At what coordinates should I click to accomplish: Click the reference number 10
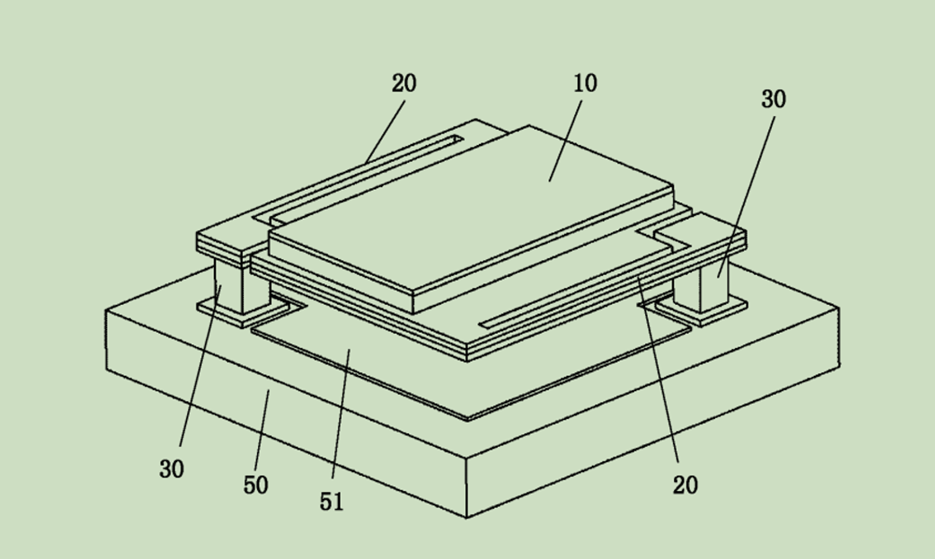click(x=585, y=83)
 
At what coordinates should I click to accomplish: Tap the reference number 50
click(x=256, y=485)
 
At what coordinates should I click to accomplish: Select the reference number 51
click(x=332, y=501)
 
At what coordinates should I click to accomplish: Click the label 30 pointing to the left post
click(x=172, y=470)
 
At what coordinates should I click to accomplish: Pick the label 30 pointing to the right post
click(x=774, y=100)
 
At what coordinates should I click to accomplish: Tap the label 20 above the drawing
click(x=404, y=83)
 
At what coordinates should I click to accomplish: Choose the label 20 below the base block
click(x=686, y=485)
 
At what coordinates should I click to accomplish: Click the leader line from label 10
click(x=565, y=141)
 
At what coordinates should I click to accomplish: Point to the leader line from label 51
click(x=341, y=414)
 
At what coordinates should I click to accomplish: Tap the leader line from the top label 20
click(x=385, y=132)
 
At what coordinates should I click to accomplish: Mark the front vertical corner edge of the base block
click(x=466, y=488)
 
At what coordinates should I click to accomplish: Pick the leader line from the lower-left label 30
click(x=200, y=366)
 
